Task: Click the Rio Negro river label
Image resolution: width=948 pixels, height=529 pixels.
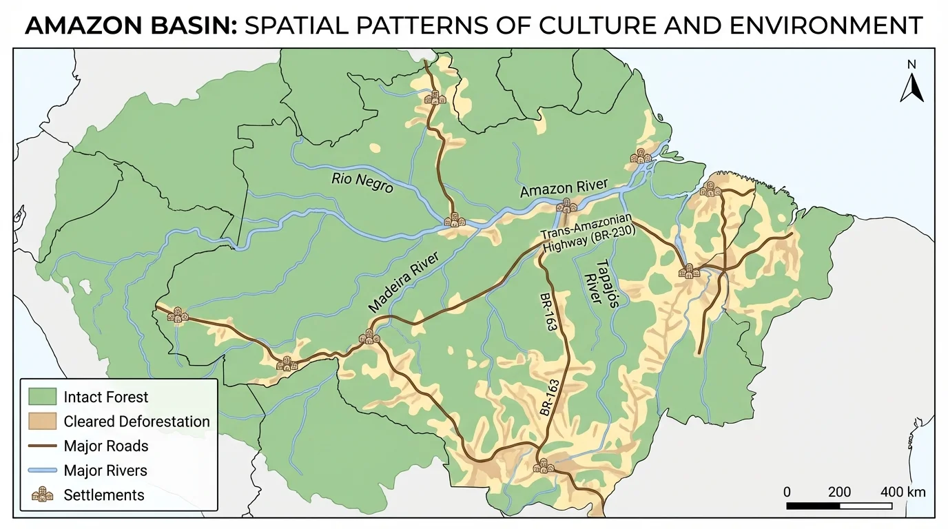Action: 362,182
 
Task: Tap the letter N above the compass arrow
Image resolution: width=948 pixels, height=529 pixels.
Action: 911,65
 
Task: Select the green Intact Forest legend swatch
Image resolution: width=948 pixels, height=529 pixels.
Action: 42,397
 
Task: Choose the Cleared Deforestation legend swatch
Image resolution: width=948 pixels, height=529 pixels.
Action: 42,422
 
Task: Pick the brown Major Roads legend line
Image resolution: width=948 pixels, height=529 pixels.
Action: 42,446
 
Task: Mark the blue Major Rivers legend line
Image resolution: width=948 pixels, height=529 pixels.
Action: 42,471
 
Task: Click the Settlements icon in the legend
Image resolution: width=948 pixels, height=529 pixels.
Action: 42,495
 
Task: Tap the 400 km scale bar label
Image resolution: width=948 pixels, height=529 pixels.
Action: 903,492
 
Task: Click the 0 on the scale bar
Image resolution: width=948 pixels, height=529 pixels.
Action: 787,492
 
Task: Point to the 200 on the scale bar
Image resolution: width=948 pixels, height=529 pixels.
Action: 839,492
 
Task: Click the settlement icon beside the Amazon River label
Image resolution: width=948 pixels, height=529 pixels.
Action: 566,205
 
